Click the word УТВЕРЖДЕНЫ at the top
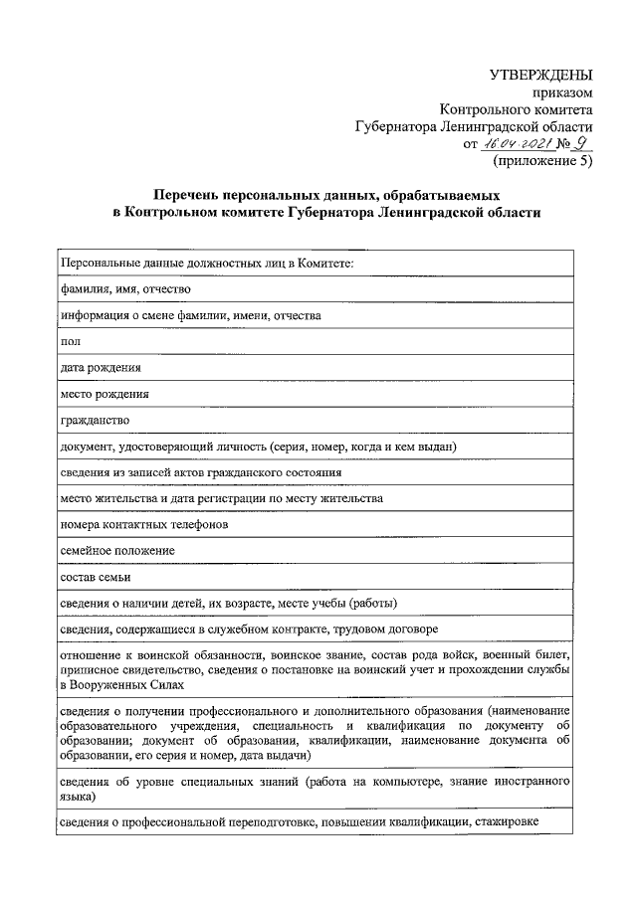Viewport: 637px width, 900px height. pyautogui.click(x=543, y=76)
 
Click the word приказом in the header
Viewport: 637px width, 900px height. pyautogui.click(x=566, y=92)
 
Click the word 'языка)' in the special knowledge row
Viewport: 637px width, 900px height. pyautogui.click(x=78, y=797)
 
